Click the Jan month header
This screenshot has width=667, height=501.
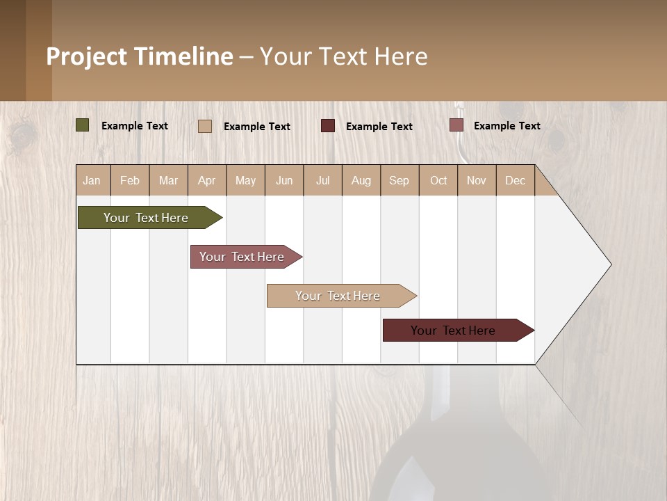point(92,180)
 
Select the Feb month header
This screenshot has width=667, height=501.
point(130,180)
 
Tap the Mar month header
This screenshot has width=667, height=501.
point(168,180)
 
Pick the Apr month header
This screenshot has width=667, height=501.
point(207,180)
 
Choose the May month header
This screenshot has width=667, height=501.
point(245,180)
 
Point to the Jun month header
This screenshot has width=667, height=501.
point(284,180)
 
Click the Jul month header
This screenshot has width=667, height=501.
point(322,180)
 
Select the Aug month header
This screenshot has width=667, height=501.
point(361,180)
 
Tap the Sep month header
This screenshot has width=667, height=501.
point(400,180)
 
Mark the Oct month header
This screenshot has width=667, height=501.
point(438,180)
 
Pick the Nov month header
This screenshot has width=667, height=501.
point(477,180)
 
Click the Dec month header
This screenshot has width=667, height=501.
point(515,180)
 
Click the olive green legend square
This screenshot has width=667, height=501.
point(82,125)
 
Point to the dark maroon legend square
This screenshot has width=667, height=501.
point(328,125)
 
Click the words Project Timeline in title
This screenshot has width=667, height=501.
point(140,56)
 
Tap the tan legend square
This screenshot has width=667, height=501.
point(205,126)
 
